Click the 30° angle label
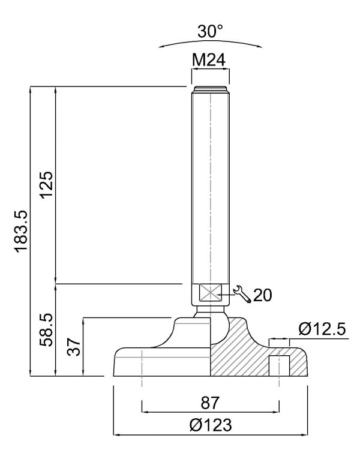(210, 31)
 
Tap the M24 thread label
(209, 60)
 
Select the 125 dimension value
(47, 184)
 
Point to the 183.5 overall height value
(21, 232)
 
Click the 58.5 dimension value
(47, 329)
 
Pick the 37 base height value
(74, 347)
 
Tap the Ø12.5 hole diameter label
(322, 329)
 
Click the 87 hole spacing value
(210, 403)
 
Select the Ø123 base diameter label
(211, 425)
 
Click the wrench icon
(242, 294)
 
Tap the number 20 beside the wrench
(262, 295)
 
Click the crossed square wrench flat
(211, 293)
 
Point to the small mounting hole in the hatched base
(279, 365)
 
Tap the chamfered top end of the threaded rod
(211, 89)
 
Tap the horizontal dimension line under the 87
(211, 412)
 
